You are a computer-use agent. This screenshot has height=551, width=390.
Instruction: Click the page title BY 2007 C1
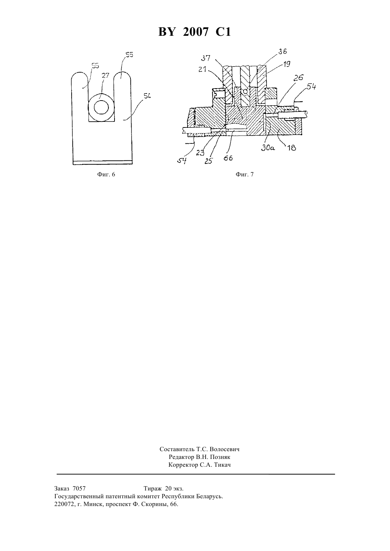tap(195, 32)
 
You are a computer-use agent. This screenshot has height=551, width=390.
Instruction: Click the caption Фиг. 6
tap(106, 175)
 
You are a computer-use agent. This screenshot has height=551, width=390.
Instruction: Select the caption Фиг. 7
tap(245, 175)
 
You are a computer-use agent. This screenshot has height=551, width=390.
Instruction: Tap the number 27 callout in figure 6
tap(105, 75)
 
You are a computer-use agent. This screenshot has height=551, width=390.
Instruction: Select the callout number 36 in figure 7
tap(283, 52)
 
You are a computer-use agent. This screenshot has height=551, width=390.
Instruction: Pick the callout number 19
tap(286, 64)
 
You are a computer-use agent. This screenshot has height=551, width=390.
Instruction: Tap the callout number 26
tap(299, 78)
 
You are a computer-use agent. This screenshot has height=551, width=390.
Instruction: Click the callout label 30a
tap(268, 148)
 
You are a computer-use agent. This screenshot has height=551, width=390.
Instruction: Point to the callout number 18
tap(292, 148)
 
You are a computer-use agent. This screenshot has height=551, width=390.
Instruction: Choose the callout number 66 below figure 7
tap(228, 158)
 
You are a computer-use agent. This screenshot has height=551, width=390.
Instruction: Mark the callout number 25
tap(208, 161)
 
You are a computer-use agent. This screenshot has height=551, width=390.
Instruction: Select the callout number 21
tap(202, 69)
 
